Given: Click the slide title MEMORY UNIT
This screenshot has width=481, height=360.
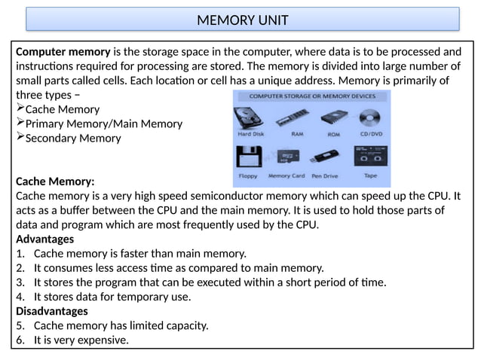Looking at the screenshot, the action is (x=242, y=20).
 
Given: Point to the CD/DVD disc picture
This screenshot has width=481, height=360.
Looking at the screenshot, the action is (x=370, y=117).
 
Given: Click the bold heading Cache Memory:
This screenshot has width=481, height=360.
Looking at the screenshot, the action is (x=55, y=182).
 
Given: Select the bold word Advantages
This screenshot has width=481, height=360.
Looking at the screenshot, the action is (x=44, y=239).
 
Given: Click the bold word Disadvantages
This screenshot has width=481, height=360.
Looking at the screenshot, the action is (x=51, y=310).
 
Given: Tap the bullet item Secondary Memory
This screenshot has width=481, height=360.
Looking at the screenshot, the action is (x=72, y=139).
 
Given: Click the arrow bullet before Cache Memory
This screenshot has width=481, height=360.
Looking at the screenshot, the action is (x=20, y=109).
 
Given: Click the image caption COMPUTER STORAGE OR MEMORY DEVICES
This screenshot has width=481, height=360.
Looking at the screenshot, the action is (x=312, y=97).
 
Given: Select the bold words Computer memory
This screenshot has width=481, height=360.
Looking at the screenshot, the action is (x=62, y=52).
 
